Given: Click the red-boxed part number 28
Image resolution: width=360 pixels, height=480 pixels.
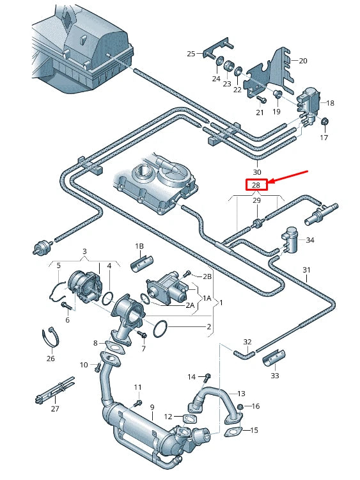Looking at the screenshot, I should pos(256,185).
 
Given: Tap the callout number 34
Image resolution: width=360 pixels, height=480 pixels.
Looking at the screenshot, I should pos(310,240).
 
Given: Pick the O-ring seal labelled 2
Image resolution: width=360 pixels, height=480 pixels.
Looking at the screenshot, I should pos(162,328).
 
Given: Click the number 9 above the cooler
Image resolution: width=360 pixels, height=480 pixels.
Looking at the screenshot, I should pos(152,406).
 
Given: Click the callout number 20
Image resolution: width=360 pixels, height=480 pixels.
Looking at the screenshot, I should pos(303,61).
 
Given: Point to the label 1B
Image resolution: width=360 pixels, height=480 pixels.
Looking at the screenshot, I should pos(139,246).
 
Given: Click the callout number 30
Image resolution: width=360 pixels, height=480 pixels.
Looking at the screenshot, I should pos(257,172).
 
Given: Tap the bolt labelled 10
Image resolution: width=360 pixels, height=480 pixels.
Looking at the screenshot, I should pos(97,367).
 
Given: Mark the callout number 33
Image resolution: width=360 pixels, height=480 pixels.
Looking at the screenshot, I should pos(275,375).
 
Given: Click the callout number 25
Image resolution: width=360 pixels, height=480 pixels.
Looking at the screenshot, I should pos(191,54).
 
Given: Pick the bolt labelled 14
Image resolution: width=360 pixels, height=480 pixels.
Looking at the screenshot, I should pos(207,376).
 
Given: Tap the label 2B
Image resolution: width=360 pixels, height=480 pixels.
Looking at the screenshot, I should pos(207,276).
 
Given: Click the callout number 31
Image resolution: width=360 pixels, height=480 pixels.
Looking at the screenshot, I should pos(306,269).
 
